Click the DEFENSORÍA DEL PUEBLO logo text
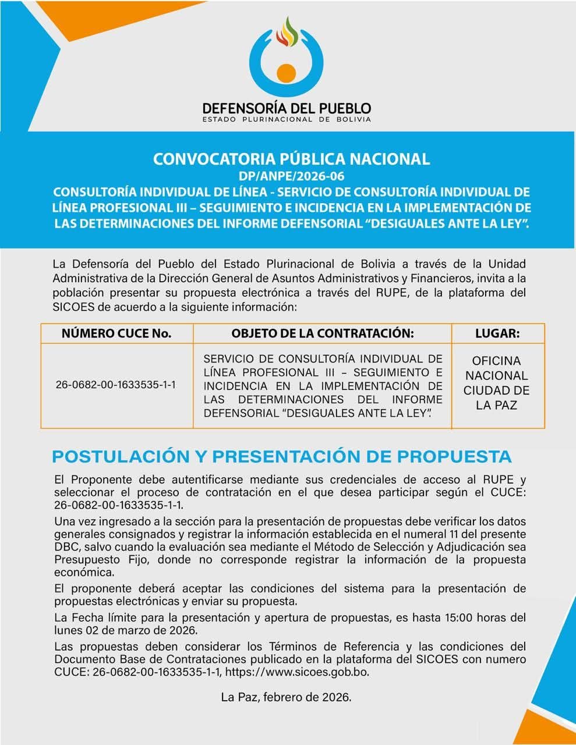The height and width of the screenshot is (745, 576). pos(287,108)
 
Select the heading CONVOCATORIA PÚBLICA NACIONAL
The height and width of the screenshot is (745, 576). pos(291,159)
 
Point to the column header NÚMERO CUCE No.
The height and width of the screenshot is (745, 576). pos(116,334)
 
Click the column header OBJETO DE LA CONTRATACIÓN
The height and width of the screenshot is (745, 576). pos(322,334)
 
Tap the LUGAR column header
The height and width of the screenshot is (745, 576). pos(497,334)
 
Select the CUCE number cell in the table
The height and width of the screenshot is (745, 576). pos(116,385)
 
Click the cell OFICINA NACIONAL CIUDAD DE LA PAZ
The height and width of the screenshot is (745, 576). pos(497,383)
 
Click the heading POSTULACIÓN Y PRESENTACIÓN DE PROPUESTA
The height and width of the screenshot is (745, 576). pos(282,456)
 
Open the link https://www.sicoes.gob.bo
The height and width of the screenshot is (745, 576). pos(296,672)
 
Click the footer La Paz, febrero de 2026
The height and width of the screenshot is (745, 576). pos(286,697)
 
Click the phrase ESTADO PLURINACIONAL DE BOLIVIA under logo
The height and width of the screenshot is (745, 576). pos(287,119)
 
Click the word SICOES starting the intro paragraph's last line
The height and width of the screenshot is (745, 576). pos(72,307)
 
